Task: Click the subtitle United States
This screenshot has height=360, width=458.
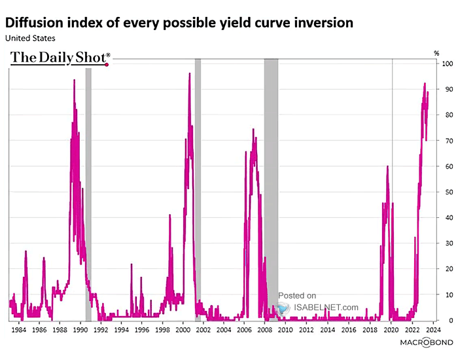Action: [31, 38]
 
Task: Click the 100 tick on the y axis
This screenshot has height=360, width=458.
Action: [448, 64]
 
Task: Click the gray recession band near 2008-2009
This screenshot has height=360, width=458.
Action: [271, 164]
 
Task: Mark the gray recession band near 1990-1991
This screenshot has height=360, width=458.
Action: [88, 164]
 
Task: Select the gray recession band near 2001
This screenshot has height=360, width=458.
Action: [198, 164]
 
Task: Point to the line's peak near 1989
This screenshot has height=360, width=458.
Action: [74, 81]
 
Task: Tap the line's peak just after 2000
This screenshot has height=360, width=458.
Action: [190, 74]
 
